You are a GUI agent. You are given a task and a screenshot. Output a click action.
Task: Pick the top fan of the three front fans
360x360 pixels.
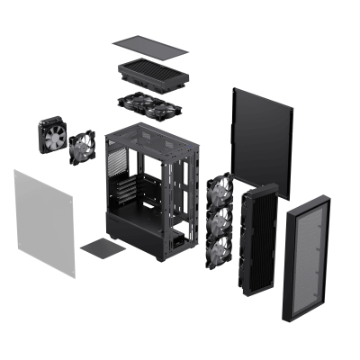click(x=219, y=191)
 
